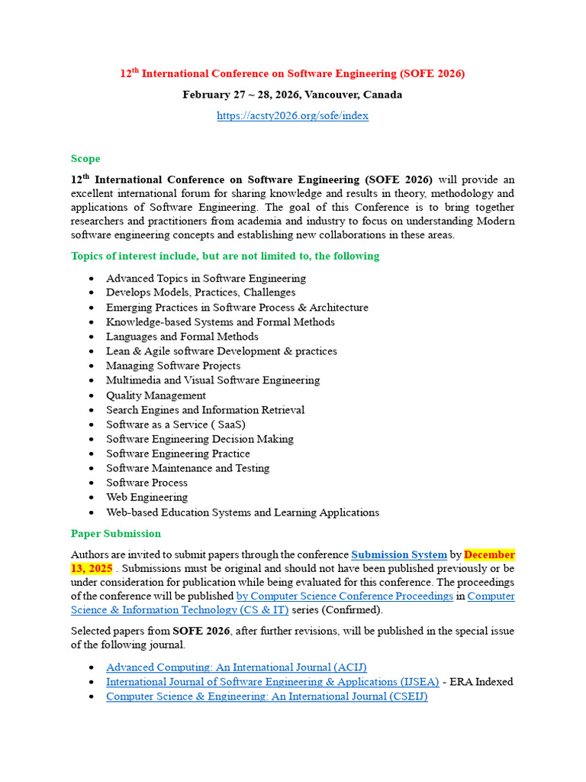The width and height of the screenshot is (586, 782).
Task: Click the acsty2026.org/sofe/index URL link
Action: pyautogui.click(x=292, y=115)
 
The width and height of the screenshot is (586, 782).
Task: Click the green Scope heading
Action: pyautogui.click(x=85, y=159)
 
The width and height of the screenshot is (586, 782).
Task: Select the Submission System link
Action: pyautogui.click(x=398, y=554)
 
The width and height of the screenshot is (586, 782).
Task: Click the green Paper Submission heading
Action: pyautogui.click(x=116, y=533)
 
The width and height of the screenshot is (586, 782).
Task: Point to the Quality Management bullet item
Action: pyautogui.click(x=156, y=396)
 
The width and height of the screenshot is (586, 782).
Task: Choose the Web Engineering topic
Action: pyautogui.click(x=146, y=497)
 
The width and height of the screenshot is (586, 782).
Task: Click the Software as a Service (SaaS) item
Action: pyautogui.click(x=175, y=425)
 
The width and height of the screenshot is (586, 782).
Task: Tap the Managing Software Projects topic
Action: pyautogui.click(x=173, y=366)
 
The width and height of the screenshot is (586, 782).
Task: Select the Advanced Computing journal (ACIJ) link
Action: pyautogui.click(x=236, y=667)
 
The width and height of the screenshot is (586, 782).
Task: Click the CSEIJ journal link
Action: pyautogui.click(x=266, y=696)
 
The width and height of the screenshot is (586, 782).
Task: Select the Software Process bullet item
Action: pyautogui.click(x=146, y=483)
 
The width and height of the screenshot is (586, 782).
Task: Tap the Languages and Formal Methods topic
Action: pyautogui.click(x=182, y=337)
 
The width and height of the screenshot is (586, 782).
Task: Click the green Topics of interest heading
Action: pyautogui.click(x=225, y=256)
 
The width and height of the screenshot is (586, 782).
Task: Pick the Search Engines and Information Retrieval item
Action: pyautogui.click(x=205, y=410)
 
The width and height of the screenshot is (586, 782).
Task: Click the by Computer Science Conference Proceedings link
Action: pyautogui.click(x=345, y=596)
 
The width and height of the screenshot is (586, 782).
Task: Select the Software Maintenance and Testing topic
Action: pyautogui.click(x=188, y=468)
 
